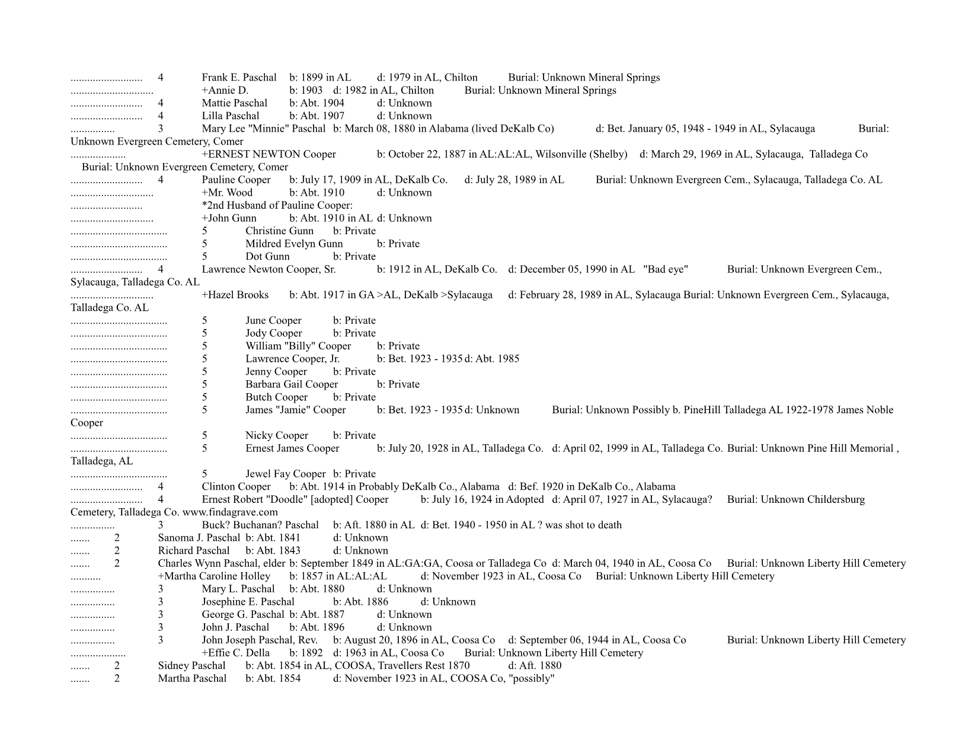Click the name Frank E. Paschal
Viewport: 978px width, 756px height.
239,78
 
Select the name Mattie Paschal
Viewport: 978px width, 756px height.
234,103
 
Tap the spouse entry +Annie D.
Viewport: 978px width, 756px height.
225,91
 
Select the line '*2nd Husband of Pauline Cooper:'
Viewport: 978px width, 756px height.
277,206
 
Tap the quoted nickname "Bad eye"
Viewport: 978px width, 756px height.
666,270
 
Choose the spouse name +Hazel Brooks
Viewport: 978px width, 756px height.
235,295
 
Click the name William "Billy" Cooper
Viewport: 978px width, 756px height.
298,346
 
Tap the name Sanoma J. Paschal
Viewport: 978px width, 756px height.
199,538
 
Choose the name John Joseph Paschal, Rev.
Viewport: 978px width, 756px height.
260,640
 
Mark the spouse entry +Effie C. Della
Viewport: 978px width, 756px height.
235,653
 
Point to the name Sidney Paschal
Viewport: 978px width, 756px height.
191,666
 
